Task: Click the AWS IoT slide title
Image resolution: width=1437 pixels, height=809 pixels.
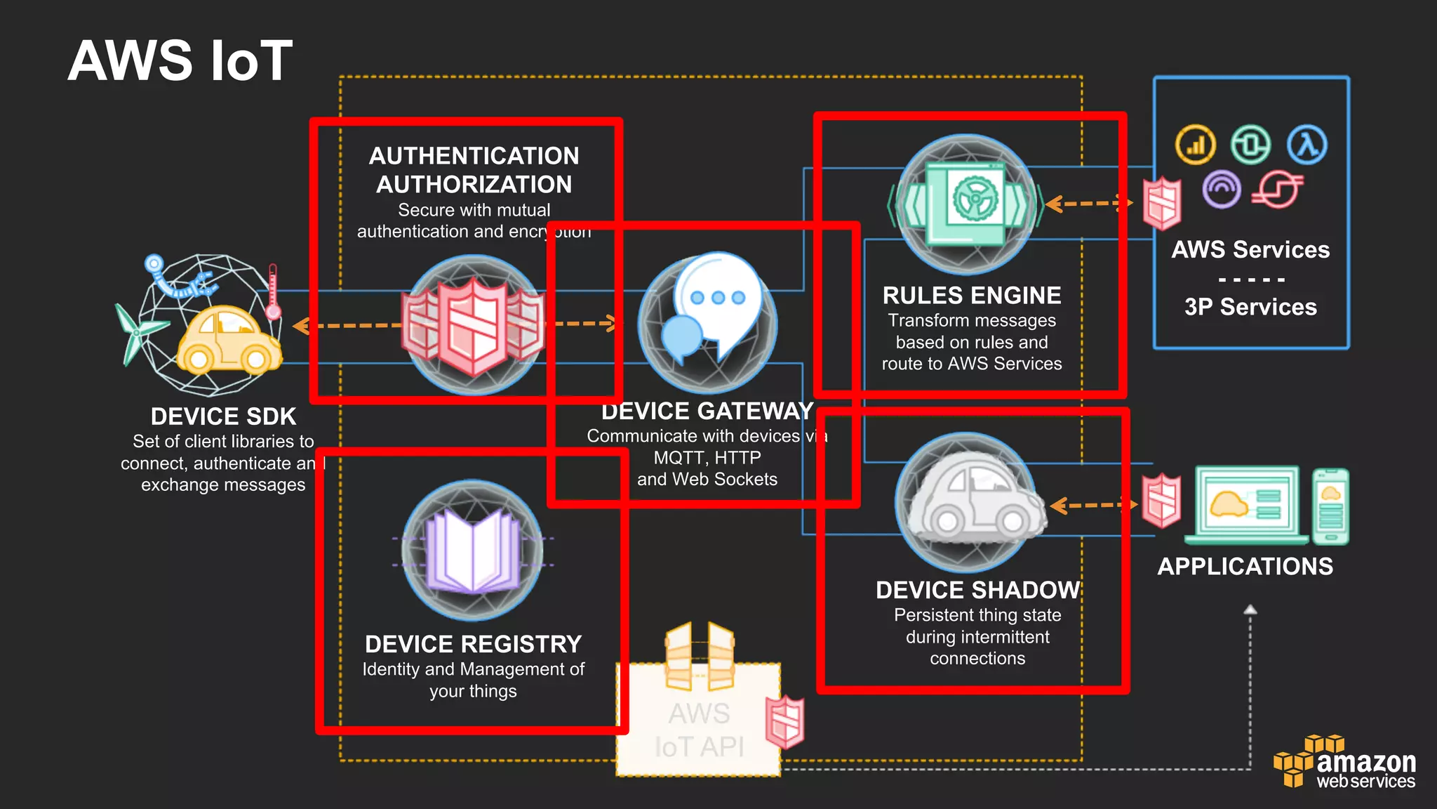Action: coord(180,60)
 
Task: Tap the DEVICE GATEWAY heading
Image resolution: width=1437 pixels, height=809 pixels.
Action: coord(707,411)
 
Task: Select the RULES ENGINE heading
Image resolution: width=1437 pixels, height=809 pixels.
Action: coord(972,296)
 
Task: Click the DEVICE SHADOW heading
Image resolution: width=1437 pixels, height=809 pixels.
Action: coord(977,590)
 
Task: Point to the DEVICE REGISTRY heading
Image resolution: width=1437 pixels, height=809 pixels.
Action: coord(474,644)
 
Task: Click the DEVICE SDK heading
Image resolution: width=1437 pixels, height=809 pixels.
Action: coord(223,416)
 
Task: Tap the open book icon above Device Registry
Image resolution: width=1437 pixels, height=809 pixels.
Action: coord(473,551)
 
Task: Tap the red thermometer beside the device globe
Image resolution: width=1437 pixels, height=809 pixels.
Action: coord(273,291)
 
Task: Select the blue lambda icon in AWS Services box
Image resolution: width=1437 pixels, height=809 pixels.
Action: coord(1307,145)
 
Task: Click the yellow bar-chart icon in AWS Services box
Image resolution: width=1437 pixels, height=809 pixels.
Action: coord(1195,145)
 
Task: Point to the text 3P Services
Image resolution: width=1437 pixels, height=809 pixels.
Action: coord(1250,307)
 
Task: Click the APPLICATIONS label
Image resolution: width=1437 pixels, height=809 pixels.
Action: coord(1245,566)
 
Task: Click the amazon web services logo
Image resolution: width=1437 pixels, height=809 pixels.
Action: coord(1345,763)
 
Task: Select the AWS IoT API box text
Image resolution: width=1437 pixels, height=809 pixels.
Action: coord(699,730)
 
